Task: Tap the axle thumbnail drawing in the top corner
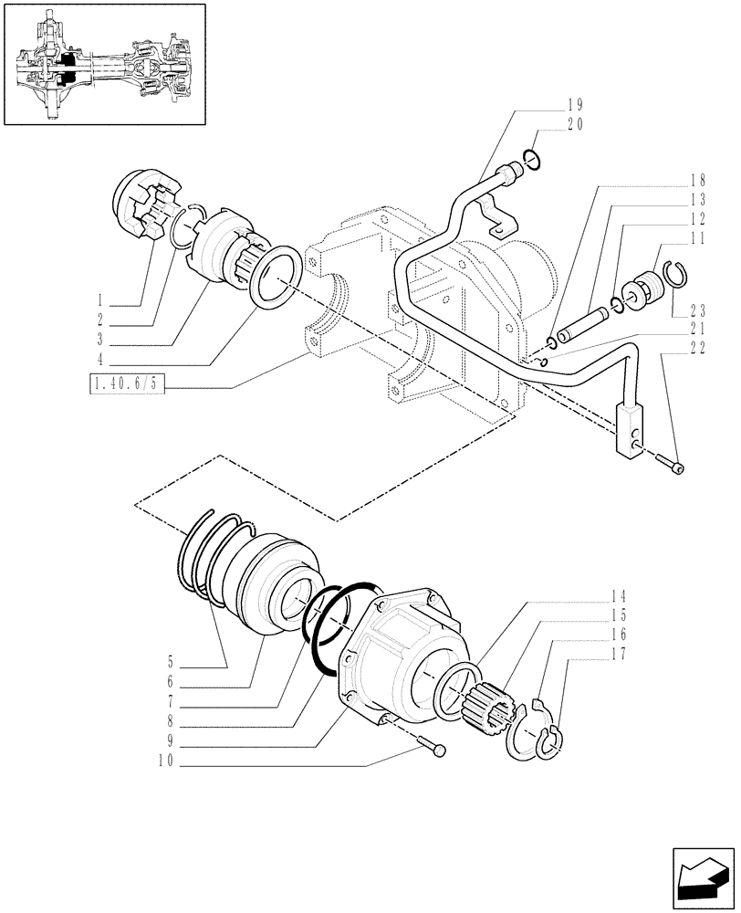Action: (104, 64)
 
